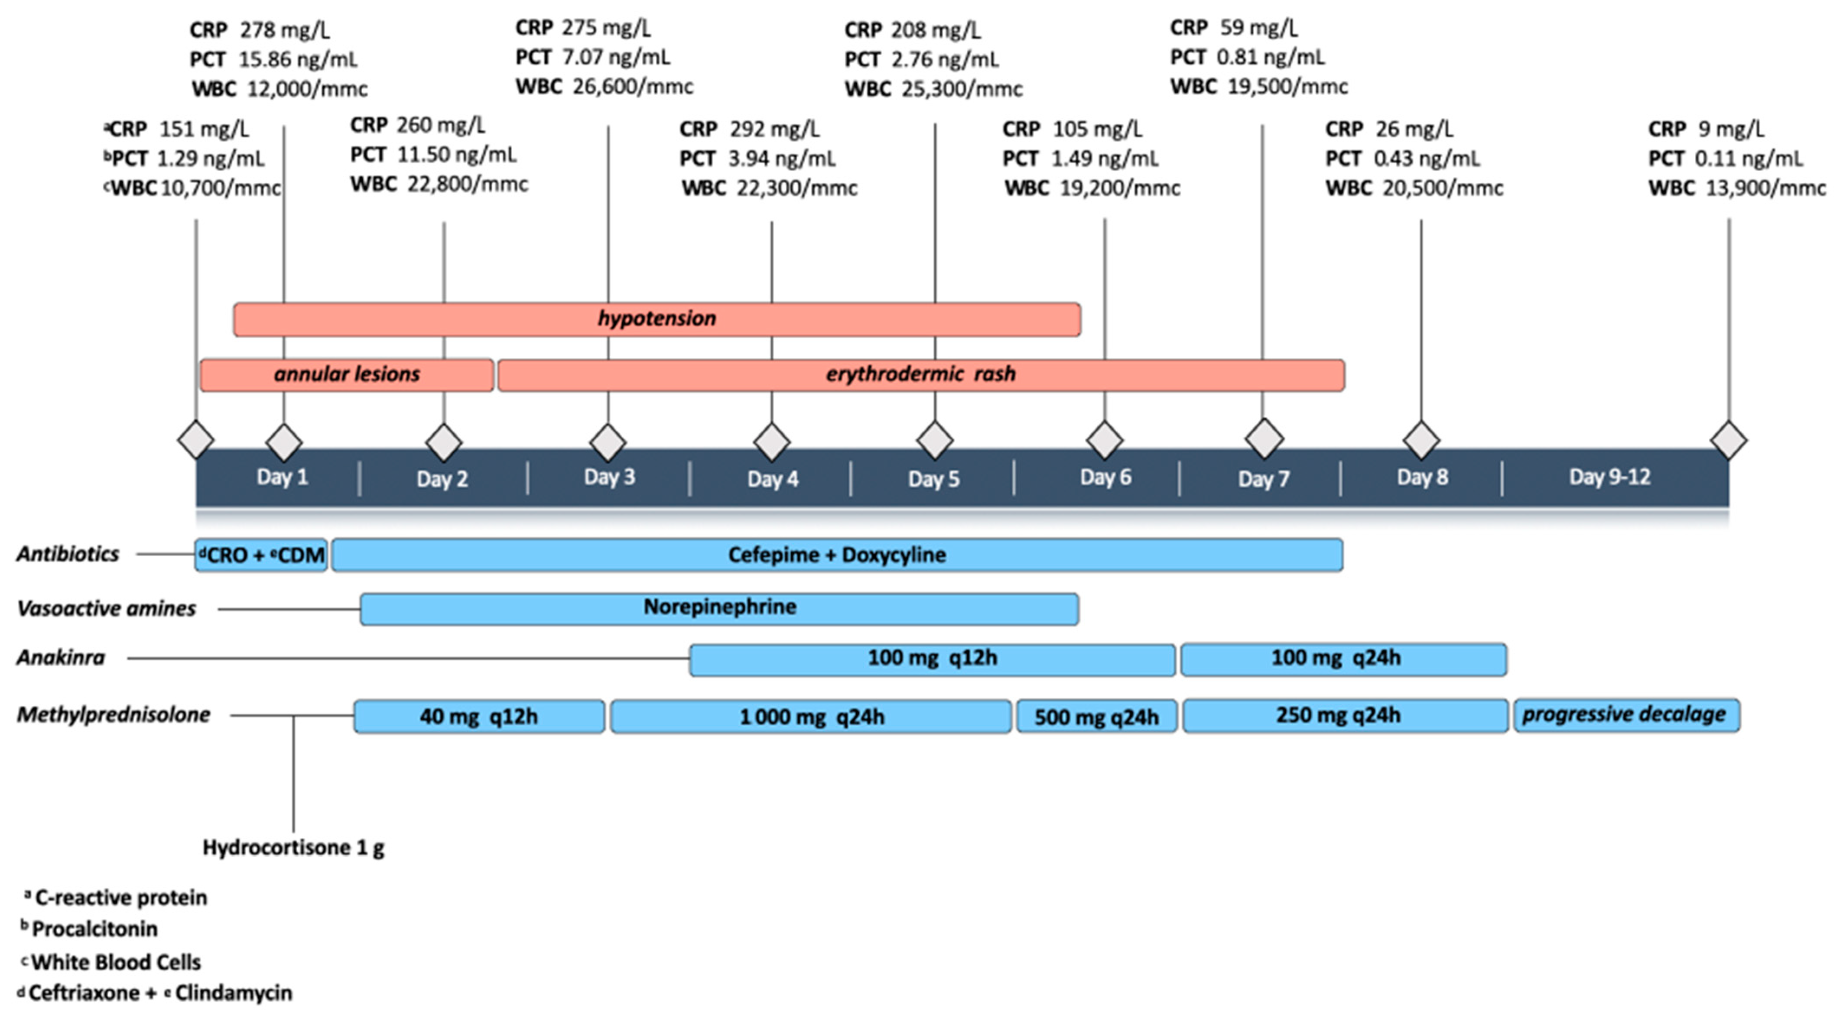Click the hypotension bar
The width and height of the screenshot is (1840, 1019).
click(x=657, y=318)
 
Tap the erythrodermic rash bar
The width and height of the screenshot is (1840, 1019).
click(x=921, y=375)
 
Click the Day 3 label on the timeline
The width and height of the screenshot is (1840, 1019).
click(x=609, y=477)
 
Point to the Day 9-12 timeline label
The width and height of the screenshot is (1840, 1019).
click(x=1609, y=477)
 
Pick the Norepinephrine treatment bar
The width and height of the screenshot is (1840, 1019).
click(x=719, y=608)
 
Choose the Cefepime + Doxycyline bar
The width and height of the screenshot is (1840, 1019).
click(x=836, y=555)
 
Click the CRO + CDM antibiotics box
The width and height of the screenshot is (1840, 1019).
click(x=261, y=555)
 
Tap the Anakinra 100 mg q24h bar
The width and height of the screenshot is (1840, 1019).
click(x=1336, y=659)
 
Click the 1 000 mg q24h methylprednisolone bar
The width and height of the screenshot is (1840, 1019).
click(x=811, y=716)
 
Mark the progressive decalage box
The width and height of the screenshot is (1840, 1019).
click(x=1625, y=715)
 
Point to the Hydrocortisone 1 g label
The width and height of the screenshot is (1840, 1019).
click(x=293, y=847)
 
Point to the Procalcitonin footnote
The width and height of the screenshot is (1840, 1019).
click(x=94, y=929)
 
